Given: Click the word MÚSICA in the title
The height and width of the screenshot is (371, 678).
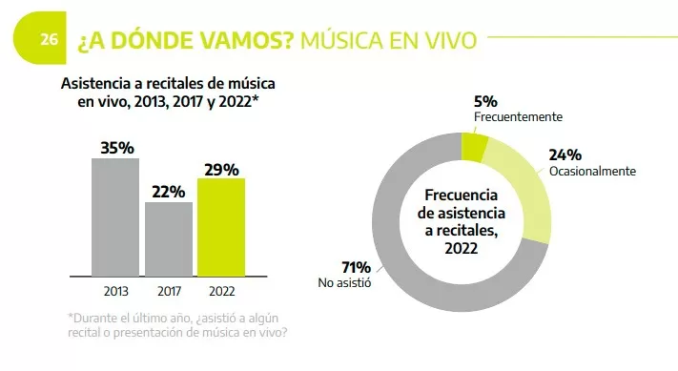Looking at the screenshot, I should (340, 40).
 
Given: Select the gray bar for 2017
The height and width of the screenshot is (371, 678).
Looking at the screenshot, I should (168, 237).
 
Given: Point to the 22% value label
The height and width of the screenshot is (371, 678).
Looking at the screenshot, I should (168, 191).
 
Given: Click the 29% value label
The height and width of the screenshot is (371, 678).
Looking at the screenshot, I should (221, 169).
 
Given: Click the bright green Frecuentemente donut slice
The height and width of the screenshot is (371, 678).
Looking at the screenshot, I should (474, 147).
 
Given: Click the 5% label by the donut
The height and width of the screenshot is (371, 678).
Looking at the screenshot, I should (484, 101).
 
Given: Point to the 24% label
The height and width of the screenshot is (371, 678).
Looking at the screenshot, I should (565, 155).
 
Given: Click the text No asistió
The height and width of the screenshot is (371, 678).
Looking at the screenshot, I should (344, 282).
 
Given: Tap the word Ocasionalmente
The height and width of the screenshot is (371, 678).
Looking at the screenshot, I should (592, 172).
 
